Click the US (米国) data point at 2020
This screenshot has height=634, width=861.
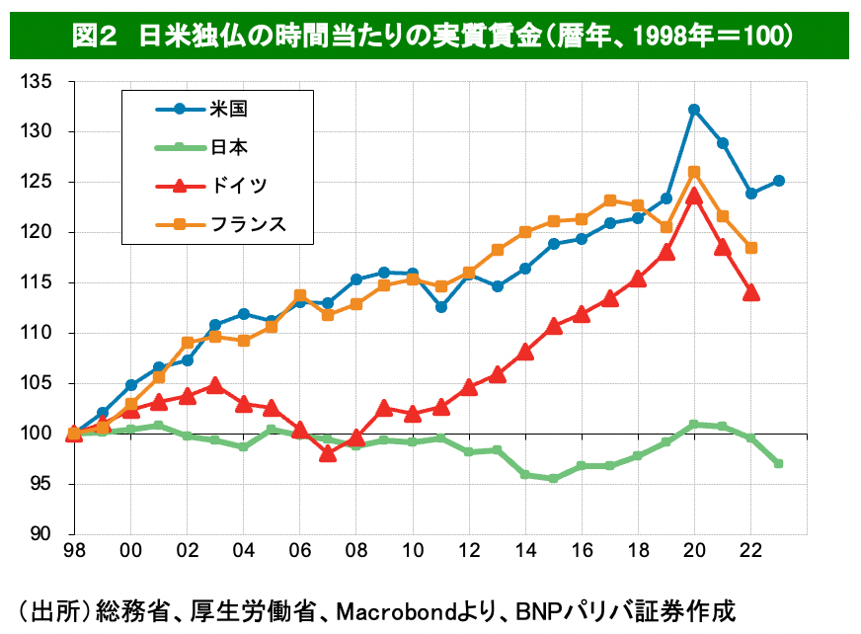point(694,110)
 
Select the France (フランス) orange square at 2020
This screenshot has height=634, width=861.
point(694,172)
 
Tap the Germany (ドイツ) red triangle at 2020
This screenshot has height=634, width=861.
point(694,196)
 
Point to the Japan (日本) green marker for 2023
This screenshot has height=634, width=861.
point(779,463)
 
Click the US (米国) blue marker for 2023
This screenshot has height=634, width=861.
point(779,181)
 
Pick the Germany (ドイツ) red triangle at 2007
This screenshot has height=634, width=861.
point(329,454)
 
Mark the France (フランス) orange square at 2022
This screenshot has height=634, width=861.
point(751,248)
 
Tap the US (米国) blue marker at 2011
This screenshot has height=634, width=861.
point(441,307)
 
